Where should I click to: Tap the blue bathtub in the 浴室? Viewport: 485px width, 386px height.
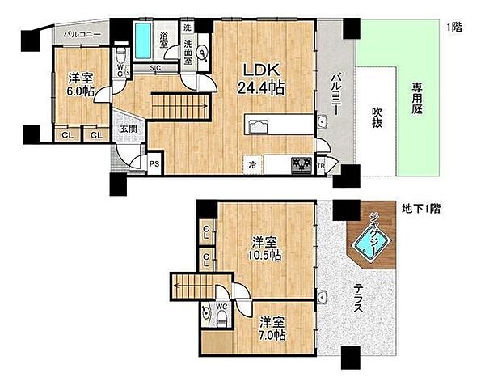coord(144,40)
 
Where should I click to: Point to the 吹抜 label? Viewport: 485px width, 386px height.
coord(377,117)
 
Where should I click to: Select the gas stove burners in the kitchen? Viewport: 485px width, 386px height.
coord(302,165)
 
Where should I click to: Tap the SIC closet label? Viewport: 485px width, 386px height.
coord(155,69)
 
